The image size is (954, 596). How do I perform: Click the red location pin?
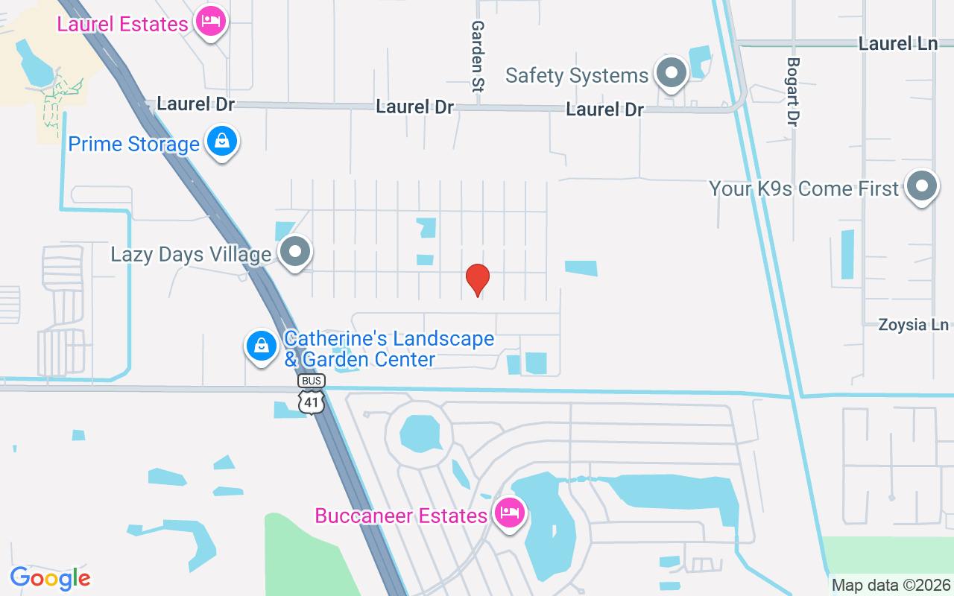477,279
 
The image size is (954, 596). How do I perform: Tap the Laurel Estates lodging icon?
211,22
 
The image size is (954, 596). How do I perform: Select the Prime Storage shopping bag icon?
222,140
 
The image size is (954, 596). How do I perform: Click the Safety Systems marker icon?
672,73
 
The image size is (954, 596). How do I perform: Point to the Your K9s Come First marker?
921,186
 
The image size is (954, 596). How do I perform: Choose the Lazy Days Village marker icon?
296,252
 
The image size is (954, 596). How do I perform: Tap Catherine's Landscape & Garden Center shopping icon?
262,346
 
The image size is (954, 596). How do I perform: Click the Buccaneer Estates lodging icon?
509,513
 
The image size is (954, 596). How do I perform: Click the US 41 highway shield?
312,402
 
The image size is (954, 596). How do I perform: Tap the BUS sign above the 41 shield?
312,381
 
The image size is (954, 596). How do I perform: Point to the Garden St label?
477,56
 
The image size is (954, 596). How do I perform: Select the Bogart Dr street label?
792,91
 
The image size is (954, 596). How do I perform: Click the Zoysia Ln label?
913,325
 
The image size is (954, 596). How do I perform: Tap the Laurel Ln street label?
897,43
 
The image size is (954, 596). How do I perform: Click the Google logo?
50,578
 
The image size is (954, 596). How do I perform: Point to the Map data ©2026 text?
891,585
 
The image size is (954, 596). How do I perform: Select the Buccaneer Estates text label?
401,516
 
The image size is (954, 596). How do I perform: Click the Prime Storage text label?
134,144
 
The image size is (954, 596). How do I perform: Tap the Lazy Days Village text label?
191,255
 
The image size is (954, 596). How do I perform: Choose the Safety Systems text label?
577,75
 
